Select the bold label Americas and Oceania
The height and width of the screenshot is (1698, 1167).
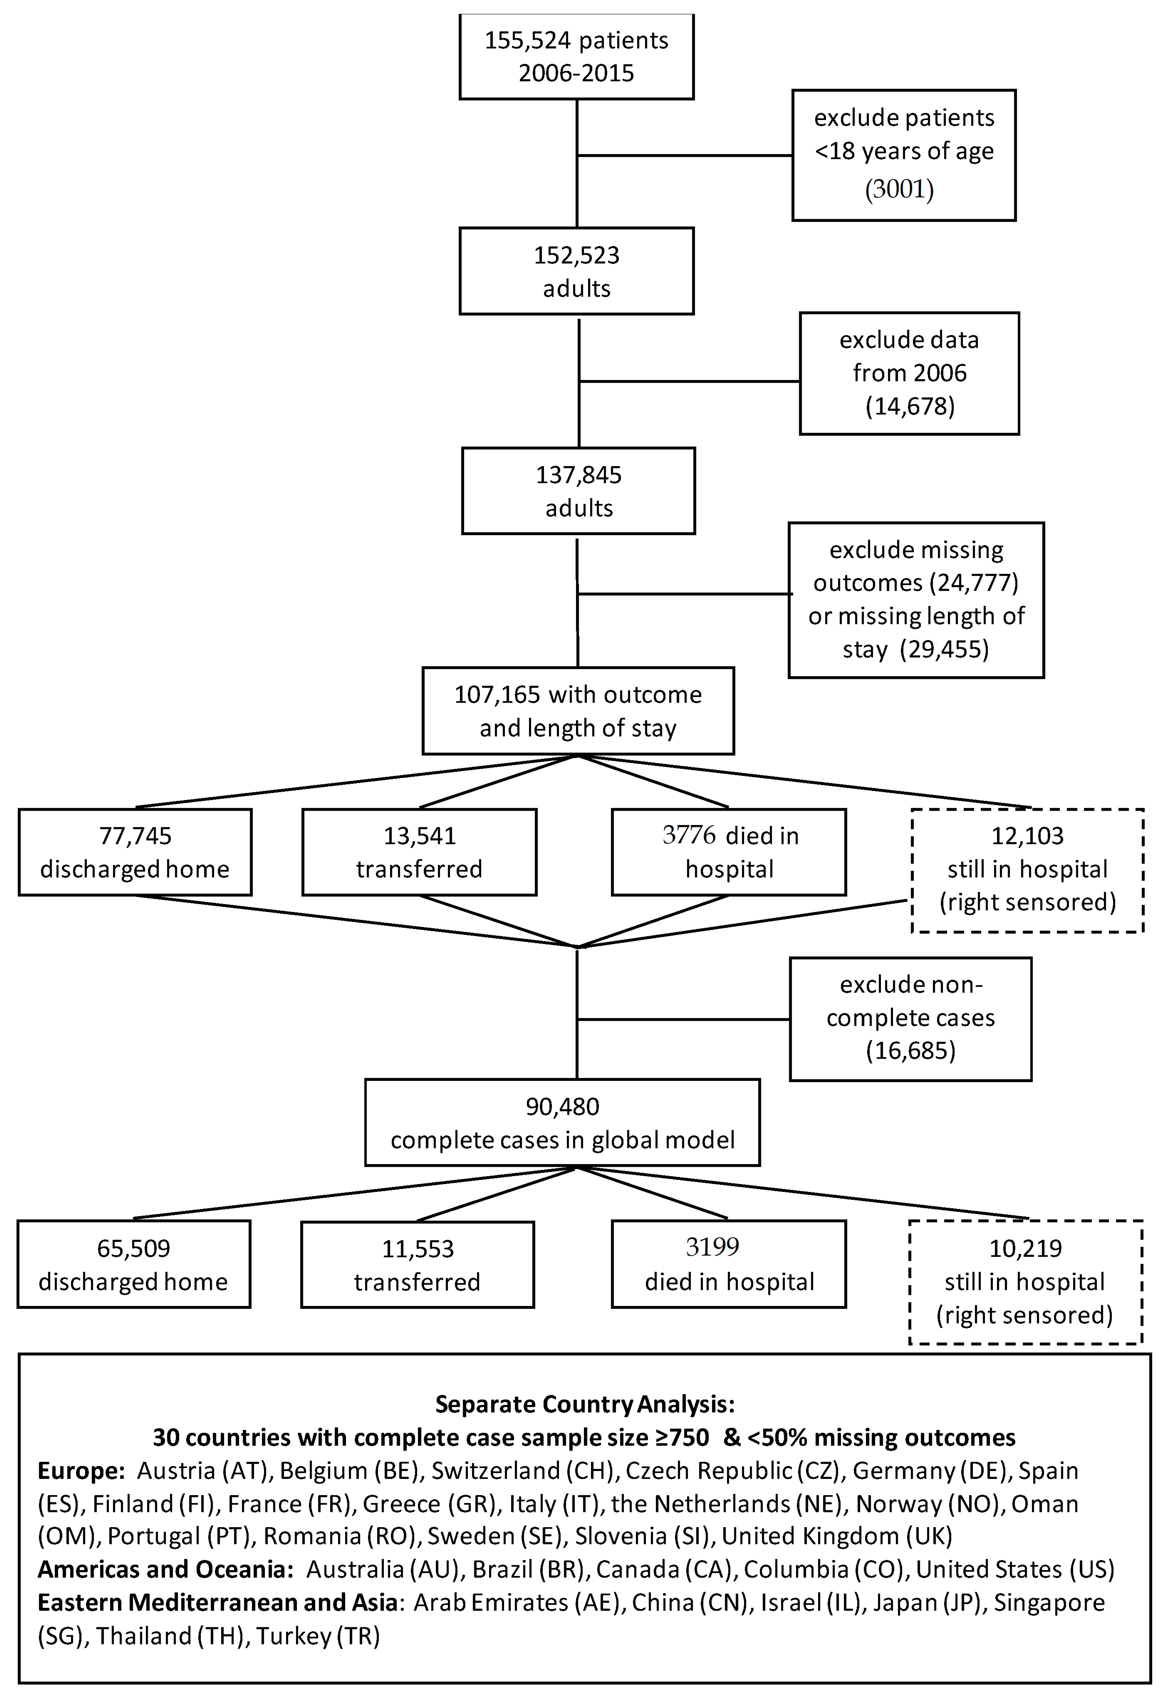[165, 1569]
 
